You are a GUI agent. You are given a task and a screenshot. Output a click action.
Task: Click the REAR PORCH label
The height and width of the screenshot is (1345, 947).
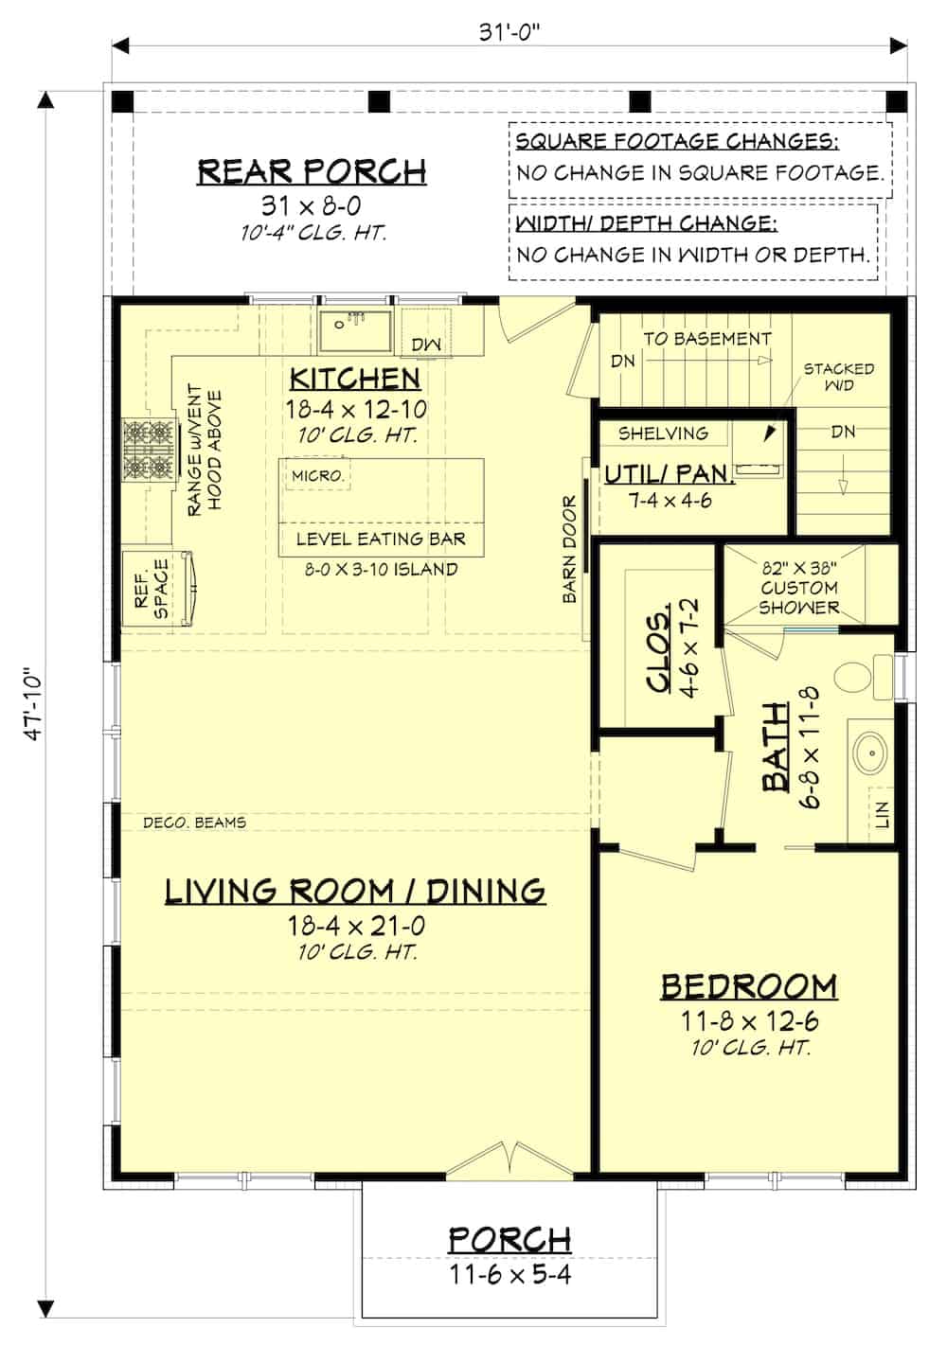(x=312, y=171)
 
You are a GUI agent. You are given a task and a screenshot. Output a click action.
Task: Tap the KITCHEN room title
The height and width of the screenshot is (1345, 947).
(x=354, y=378)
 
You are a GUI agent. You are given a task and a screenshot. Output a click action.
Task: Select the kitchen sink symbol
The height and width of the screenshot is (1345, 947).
(x=355, y=332)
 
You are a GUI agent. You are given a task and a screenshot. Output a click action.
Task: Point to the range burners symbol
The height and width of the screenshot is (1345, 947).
(x=149, y=451)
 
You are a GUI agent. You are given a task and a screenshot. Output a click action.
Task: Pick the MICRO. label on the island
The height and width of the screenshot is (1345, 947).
(x=317, y=475)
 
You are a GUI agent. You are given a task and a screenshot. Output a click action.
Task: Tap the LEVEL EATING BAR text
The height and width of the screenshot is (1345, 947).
(x=381, y=539)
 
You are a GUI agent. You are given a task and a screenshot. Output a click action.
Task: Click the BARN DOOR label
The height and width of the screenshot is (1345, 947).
(x=570, y=550)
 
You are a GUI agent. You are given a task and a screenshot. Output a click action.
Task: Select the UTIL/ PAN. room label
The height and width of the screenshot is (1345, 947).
(x=669, y=473)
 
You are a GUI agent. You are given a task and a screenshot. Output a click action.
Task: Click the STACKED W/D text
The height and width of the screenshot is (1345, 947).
(x=838, y=376)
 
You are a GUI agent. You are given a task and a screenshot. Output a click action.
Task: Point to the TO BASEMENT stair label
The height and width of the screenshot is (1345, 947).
(x=706, y=339)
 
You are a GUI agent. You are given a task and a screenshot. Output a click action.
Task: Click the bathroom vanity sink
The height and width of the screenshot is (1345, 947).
(x=869, y=752)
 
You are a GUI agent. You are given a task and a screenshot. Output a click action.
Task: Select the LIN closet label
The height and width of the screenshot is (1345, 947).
(x=882, y=813)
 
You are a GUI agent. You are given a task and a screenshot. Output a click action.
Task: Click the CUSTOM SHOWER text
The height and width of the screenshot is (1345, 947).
(x=798, y=588)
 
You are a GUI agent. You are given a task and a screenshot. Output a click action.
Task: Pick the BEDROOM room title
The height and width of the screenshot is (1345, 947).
(x=748, y=986)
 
